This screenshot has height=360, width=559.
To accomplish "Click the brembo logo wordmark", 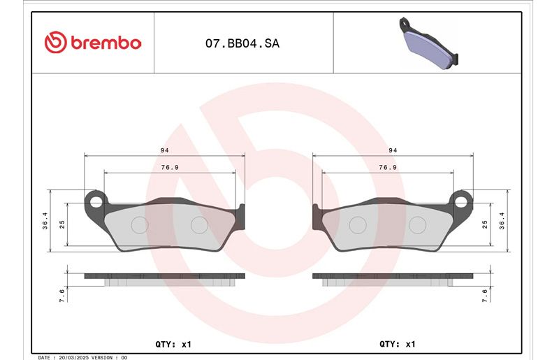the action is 106,43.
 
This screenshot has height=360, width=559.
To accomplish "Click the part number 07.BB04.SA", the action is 242,43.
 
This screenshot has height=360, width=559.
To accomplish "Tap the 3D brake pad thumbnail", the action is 428,43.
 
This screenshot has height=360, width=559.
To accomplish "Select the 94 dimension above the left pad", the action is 164,150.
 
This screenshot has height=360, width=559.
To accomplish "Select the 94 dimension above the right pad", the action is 393,150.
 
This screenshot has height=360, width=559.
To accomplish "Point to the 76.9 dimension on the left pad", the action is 170,167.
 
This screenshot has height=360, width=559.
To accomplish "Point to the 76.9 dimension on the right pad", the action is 388,167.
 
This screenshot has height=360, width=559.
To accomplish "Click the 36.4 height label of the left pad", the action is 45,220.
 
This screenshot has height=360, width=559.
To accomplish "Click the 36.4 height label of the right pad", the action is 502,220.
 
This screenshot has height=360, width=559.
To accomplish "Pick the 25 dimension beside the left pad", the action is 62,224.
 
